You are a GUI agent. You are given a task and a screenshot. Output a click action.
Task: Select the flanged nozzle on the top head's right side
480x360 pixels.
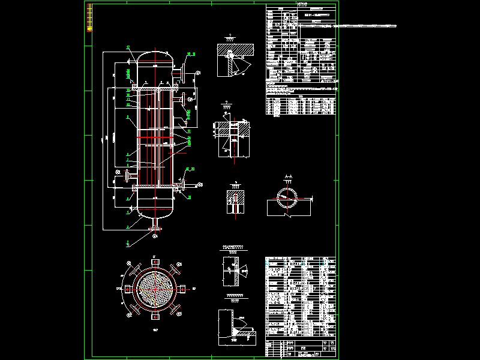[x=178, y=73]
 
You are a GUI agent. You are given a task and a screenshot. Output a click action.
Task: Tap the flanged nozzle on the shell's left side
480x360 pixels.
[x=128, y=176]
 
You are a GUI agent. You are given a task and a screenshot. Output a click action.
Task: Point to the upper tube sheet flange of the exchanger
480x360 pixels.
[x=155, y=88]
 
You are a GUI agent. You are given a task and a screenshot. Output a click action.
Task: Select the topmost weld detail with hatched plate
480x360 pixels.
[x=235, y=60]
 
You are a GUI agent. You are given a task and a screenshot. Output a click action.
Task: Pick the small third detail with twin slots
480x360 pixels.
[x=235, y=202]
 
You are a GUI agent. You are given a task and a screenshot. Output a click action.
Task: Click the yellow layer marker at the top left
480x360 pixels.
[x=90, y=17]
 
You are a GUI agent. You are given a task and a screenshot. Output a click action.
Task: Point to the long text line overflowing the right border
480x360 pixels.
[x=360, y=26]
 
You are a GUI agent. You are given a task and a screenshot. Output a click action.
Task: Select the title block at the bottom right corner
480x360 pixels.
[x=301, y=346]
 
